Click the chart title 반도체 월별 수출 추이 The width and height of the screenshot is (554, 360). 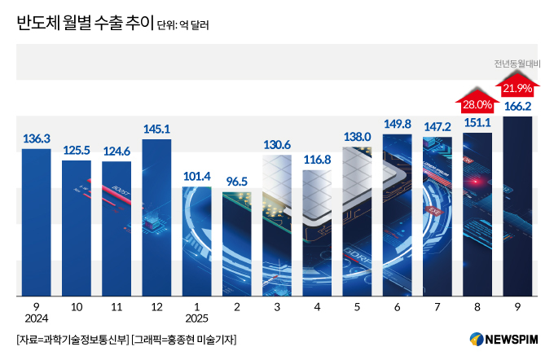[x=83, y=24]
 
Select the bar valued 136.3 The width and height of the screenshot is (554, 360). [x=36, y=220]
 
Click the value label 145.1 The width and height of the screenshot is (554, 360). [x=156, y=129]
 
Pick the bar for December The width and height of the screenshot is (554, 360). [x=156, y=216]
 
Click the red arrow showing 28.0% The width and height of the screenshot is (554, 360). [x=477, y=99]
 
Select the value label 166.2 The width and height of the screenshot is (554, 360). [x=518, y=106]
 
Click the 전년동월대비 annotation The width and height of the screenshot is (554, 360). [x=518, y=64]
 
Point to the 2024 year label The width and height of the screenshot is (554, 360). [x=36, y=318]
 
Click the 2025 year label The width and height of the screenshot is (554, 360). [x=196, y=318]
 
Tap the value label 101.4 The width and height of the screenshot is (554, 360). [x=196, y=176]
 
